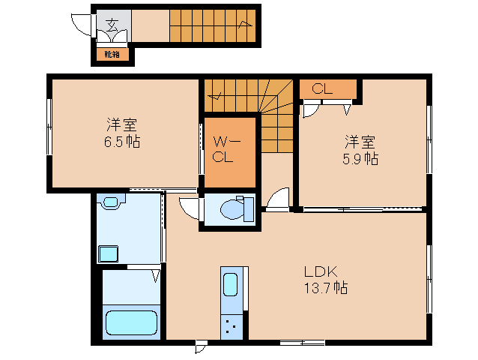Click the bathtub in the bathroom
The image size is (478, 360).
point(132,322)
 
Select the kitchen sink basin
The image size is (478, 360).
point(231,286)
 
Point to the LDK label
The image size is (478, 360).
point(322,272)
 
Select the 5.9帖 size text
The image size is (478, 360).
point(360,158)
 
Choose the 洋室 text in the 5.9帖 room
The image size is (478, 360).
point(360,142)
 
